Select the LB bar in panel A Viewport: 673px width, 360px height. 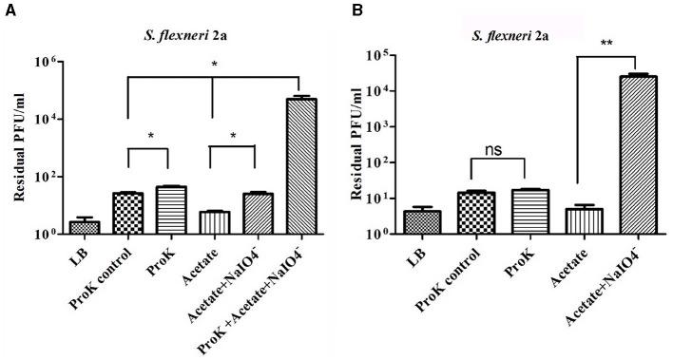[x=84, y=226]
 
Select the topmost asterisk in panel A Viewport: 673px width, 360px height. [x=215, y=66]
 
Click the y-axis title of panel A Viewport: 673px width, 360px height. [x=19, y=147]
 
